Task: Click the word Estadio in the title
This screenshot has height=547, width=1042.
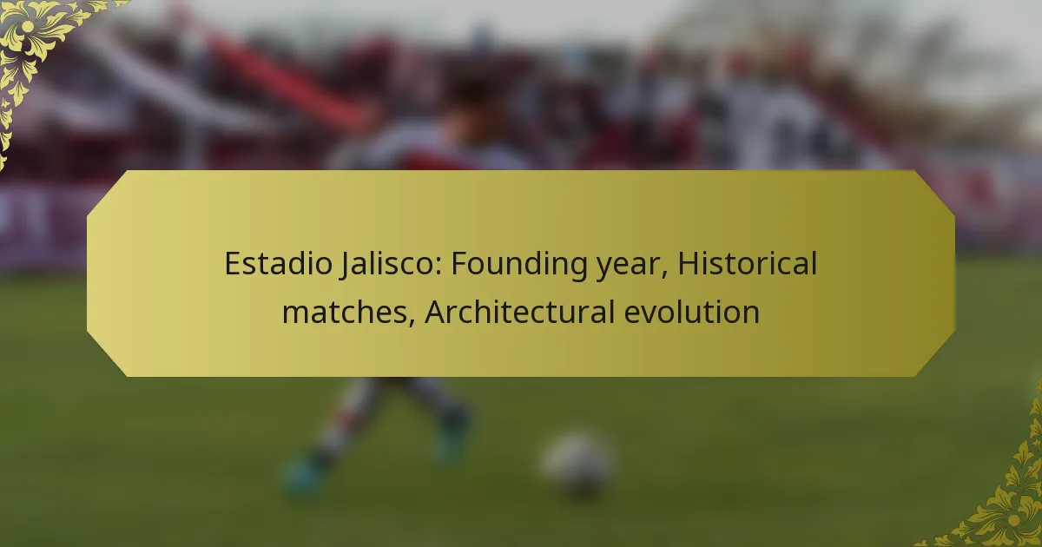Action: pos(278,263)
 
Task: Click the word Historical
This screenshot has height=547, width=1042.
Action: pos(747,263)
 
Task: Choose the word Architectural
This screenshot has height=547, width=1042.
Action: pos(520,312)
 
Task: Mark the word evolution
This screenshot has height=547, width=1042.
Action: pos(692,312)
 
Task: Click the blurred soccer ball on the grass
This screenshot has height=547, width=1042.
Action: pos(577,465)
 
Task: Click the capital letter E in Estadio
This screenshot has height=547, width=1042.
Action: pos(232,263)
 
